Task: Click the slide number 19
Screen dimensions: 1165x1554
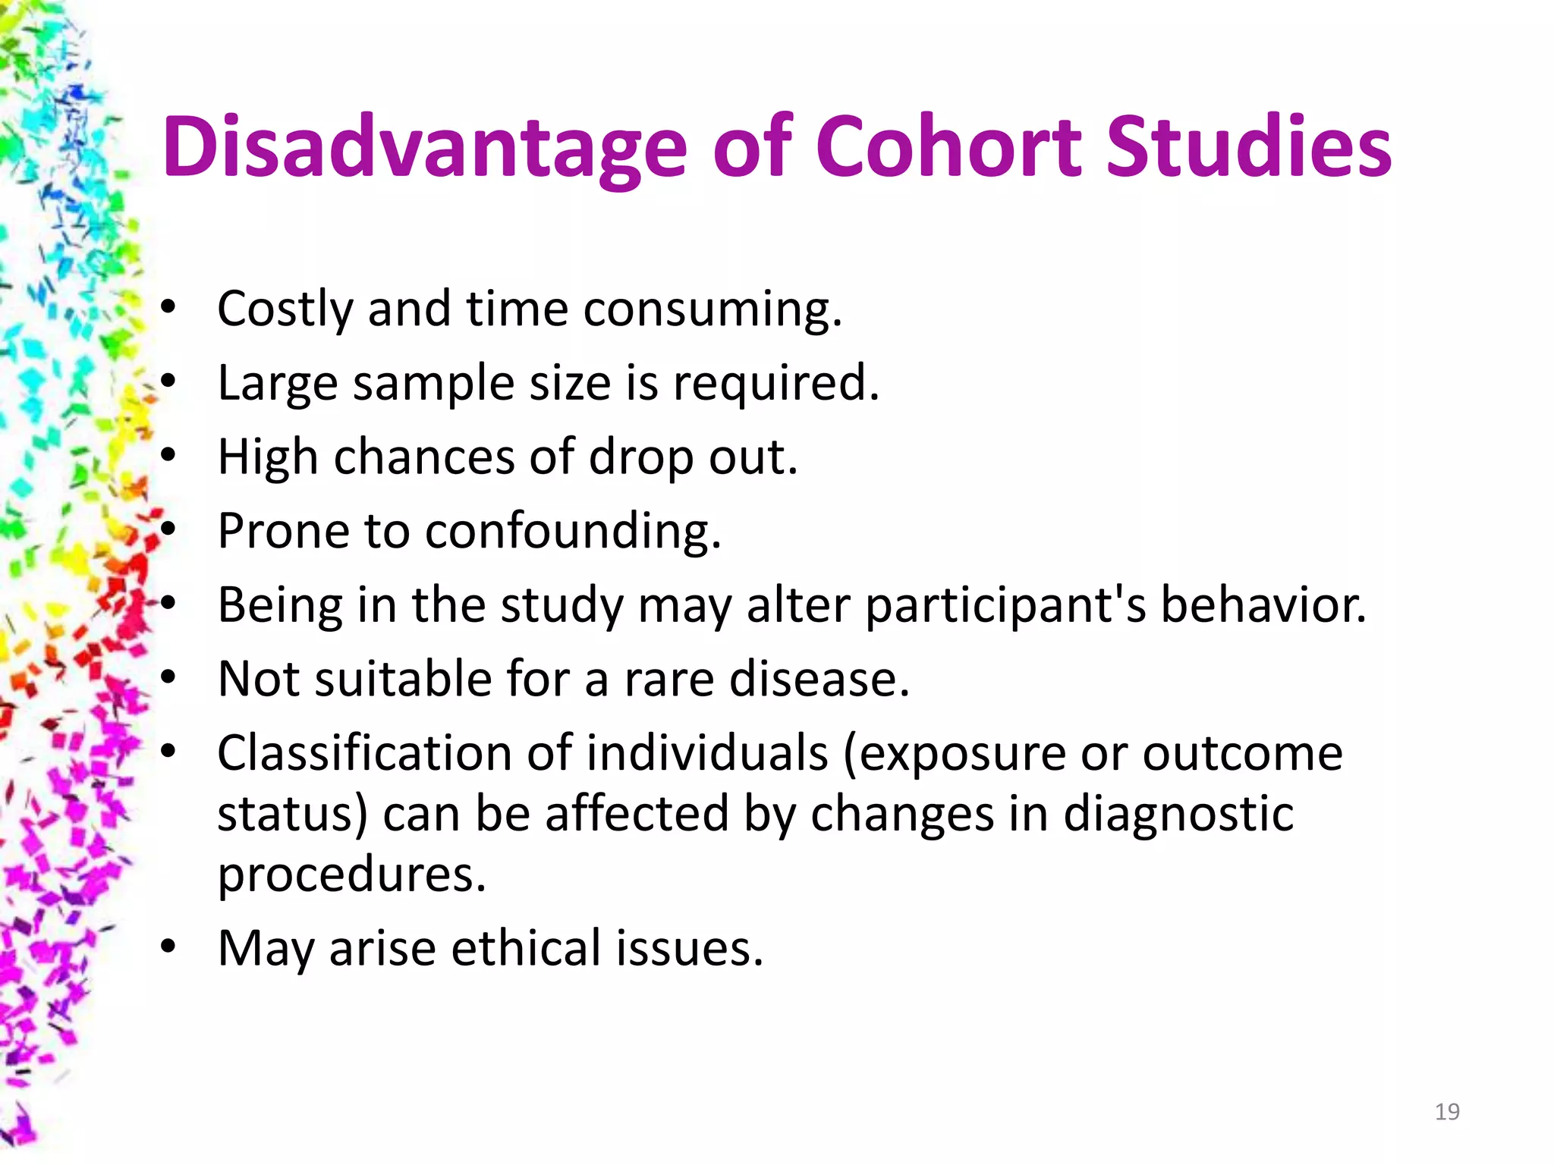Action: click(x=1447, y=1112)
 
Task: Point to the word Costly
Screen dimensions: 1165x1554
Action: click(x=285, y=309)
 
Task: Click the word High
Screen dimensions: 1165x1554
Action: click(x=267, y=457)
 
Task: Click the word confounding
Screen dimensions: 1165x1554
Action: click(x=572, y=530)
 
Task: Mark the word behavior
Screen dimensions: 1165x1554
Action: click(x=1263, y=605)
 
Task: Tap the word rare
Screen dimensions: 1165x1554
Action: click(x=668, y=678)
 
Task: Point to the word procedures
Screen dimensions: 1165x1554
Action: click(x=351, y=875)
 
